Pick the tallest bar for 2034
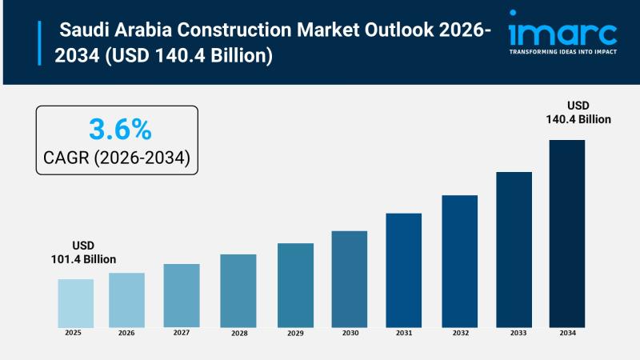pos(566,233)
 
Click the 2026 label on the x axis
pos(126,332)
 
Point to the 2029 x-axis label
pos(295,332)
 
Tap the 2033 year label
pos(514,332)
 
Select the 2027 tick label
pos(182,332)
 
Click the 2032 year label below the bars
pos(459,332)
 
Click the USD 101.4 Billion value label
pos(83,252)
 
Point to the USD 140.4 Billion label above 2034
pos(578,112)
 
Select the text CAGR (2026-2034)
pos(118,158)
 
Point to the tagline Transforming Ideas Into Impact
pos(562,51)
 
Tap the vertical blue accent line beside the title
pos(39,44)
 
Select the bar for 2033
pos(514,249)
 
